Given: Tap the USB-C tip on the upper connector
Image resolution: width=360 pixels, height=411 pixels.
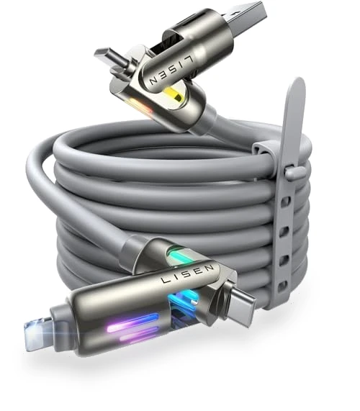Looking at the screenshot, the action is pos(107,56).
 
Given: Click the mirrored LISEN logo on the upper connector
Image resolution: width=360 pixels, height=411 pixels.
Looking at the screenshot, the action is pos(172,70).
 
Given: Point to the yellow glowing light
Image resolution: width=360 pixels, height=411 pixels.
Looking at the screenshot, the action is pos(174,95).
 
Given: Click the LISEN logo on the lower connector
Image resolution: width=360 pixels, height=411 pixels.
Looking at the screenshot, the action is pos(187,274).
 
